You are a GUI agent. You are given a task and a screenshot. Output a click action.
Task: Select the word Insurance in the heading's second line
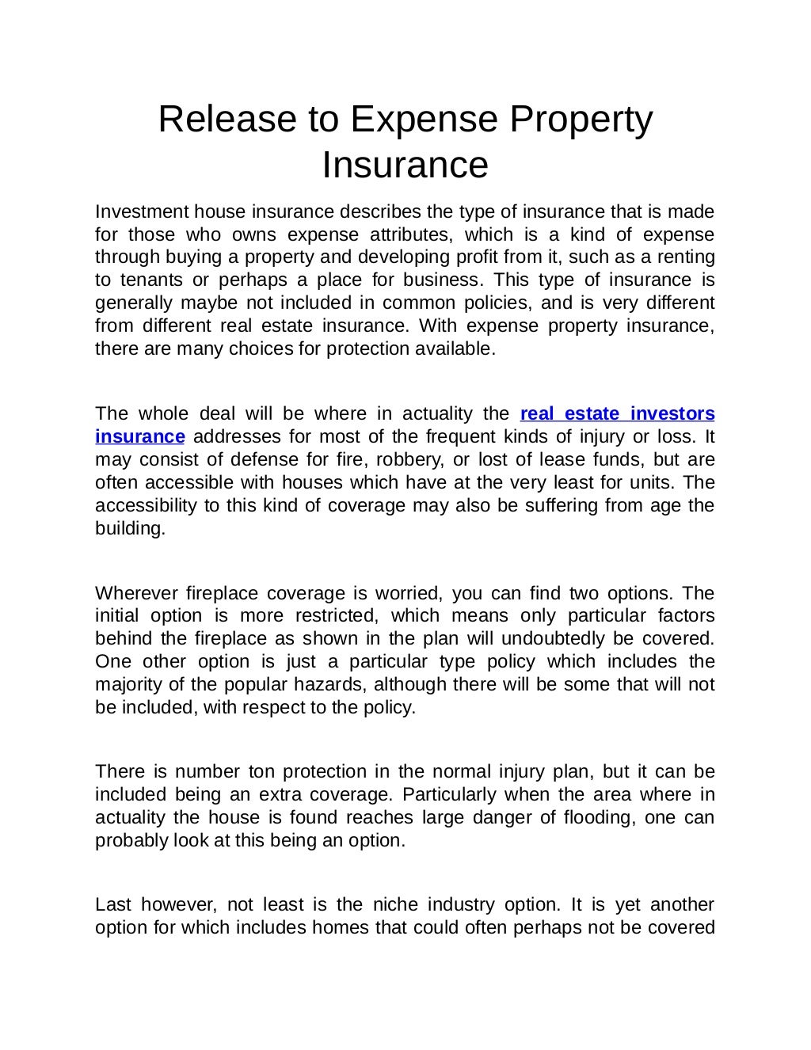point(405,165)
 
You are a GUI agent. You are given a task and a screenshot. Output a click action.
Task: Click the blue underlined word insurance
point(139,437)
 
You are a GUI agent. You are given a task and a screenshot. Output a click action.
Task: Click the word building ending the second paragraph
point(129,528)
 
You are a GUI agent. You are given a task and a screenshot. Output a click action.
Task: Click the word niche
point(395,905)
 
